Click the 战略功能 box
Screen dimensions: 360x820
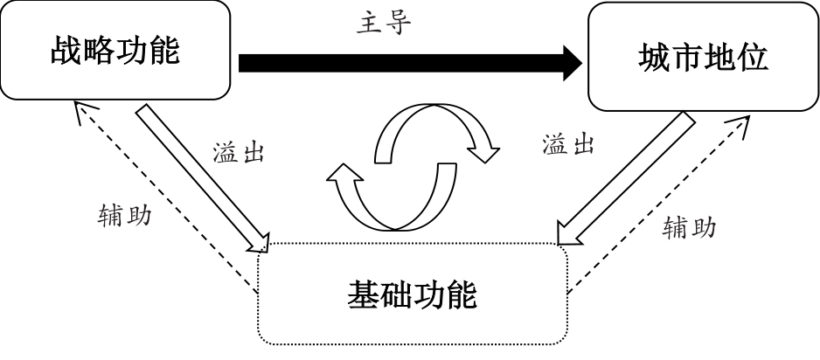[115, 52]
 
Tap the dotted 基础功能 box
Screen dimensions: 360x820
[411, 294]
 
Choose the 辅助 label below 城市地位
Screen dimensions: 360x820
[690, 227]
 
